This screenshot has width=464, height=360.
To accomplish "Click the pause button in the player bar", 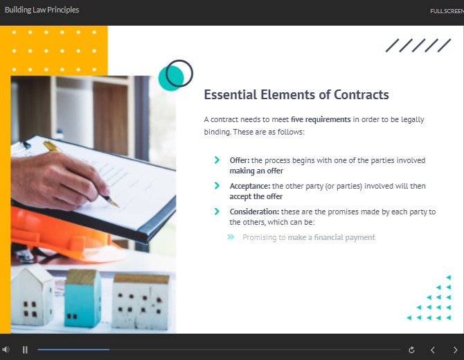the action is pos(25,350).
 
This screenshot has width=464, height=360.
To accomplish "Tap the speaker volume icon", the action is pos(6,350).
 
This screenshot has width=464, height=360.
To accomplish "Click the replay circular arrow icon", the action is pos(411,350).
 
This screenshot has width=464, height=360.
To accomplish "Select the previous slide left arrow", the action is pos(433,350).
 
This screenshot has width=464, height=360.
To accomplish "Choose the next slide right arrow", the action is pos(456,350).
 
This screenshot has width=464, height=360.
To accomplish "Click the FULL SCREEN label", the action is pos(447,11).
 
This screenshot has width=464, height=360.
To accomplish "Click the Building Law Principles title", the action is pos(42,10).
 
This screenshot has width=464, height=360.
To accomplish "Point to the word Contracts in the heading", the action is pos(362,95).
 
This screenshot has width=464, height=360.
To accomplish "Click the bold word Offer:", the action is pos(240,160).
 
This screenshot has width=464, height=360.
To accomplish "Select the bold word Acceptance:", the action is pos(250,186).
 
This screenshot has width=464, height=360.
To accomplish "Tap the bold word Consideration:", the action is pos(254,212).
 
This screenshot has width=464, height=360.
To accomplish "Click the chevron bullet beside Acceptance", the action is pos(217,185).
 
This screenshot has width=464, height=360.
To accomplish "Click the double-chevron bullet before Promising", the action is pos(231,237).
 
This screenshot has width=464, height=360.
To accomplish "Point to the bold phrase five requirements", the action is pos(321,119).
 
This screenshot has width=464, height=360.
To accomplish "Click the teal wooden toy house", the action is pos(82,298).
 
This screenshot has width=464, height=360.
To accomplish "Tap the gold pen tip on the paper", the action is pos(115,204).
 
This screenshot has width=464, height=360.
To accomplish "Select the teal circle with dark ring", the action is pos(175,75).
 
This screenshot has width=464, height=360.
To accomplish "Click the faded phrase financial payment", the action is pos(344,237).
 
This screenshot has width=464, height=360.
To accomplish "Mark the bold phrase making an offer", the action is pos(256,171).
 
